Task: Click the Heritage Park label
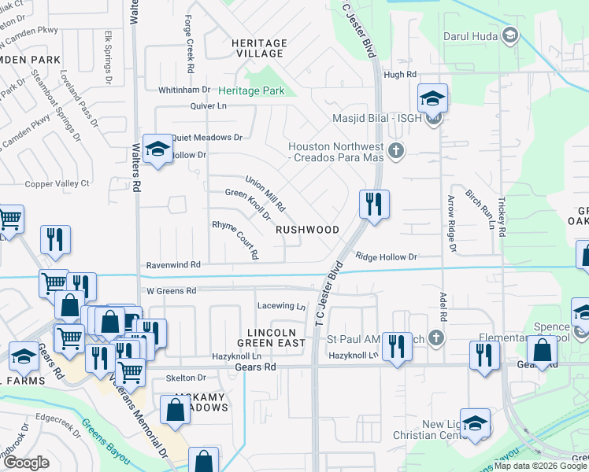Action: (251, 91)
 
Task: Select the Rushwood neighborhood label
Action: (307, 230)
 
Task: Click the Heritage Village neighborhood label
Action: (258, 48)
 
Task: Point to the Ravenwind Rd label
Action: (173, 265)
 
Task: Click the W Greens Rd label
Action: (171, 290)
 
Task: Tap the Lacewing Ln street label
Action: (281, 305)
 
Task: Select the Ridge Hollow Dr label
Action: (386, 256)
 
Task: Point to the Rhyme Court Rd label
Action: (235, 239)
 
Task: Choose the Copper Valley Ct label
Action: (57, 183)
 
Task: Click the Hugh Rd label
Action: (399, 74)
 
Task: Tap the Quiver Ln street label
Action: (208, 105)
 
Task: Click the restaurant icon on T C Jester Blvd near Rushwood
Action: (373, 205)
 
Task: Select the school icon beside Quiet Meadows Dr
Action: (157, 148)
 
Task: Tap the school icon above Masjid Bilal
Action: (432, 98)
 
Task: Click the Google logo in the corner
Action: (26, 463)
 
